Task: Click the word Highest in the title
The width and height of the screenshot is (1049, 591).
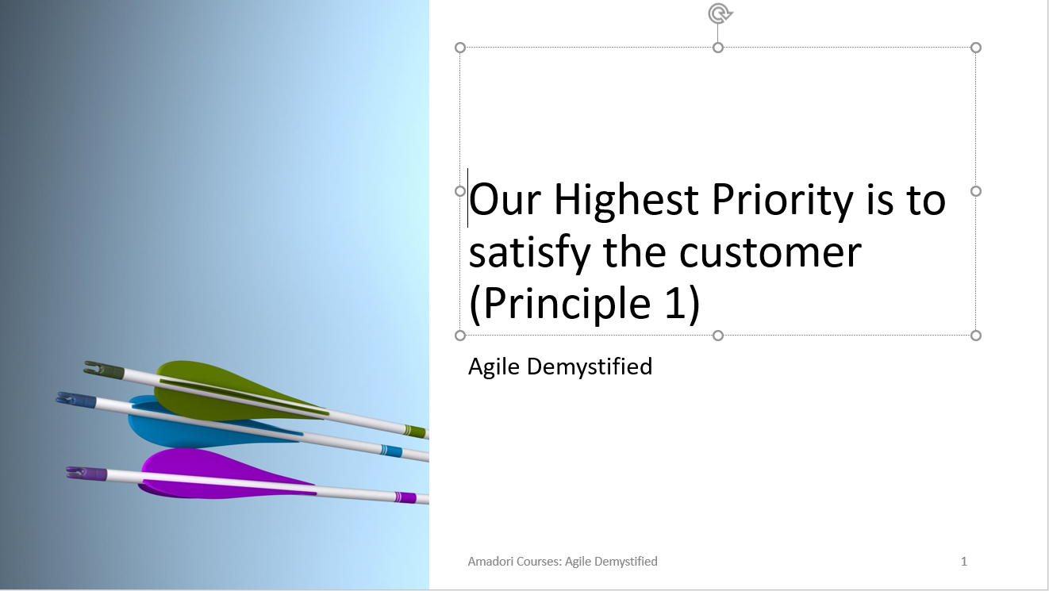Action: [626, 201]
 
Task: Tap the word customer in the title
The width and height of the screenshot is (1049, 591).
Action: [770, 253]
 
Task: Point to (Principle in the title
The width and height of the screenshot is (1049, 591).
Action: [560, 305]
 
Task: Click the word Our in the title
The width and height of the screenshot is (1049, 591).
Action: [505, 201]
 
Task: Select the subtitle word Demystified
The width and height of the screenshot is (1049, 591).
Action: [590, 366]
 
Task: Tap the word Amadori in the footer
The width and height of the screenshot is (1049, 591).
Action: [490, 561]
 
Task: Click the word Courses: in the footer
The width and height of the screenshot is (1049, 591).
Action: [538, 561]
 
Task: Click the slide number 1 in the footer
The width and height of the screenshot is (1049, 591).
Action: [964, 561]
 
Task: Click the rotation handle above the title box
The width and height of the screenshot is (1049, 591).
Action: [720, 13]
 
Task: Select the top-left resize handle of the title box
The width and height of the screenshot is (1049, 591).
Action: [460, 48]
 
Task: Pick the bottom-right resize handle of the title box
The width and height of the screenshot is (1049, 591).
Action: [976, 336]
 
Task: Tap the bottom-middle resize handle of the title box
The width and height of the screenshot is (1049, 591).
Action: [718, 336]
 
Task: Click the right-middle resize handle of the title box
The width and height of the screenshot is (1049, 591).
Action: [976, 191]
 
